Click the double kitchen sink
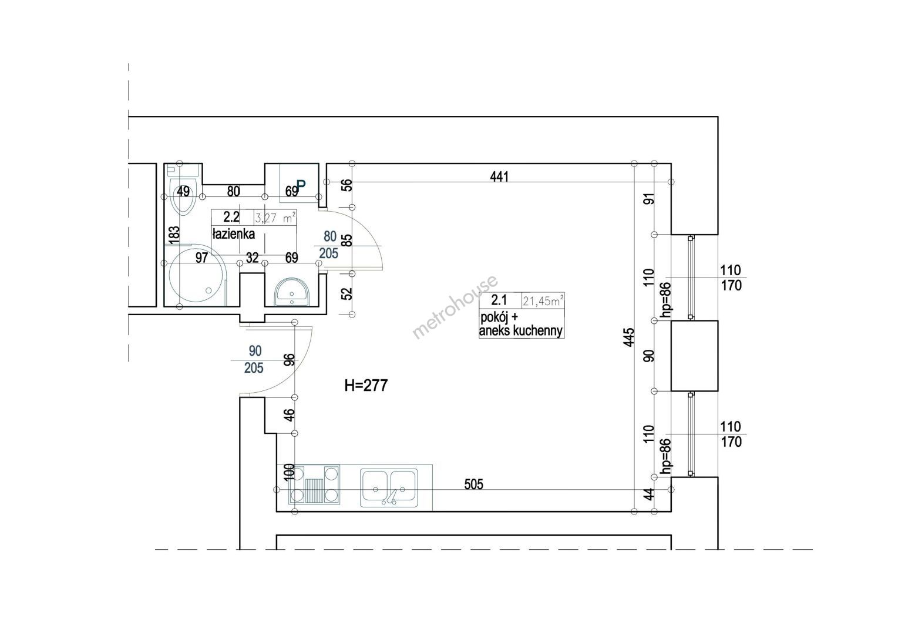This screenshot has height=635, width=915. tap(389, 487)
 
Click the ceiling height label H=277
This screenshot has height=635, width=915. tap(366, 386)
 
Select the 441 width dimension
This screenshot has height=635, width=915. tap(499, 176)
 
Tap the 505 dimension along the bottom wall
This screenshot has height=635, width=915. tap(474, 484)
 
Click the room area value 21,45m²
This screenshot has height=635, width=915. tap(543, 302)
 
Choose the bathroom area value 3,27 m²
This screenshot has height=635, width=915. tap(275, 218)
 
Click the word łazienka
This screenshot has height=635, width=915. tap(233, 234)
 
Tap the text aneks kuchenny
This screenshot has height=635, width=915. tap(521, 331)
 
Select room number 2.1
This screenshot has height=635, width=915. tap(499, 300)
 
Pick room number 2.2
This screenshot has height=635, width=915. tap(231, 216)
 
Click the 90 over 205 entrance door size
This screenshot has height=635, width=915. tap(254, 360)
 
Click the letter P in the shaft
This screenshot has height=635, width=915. tap(301, 185)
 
